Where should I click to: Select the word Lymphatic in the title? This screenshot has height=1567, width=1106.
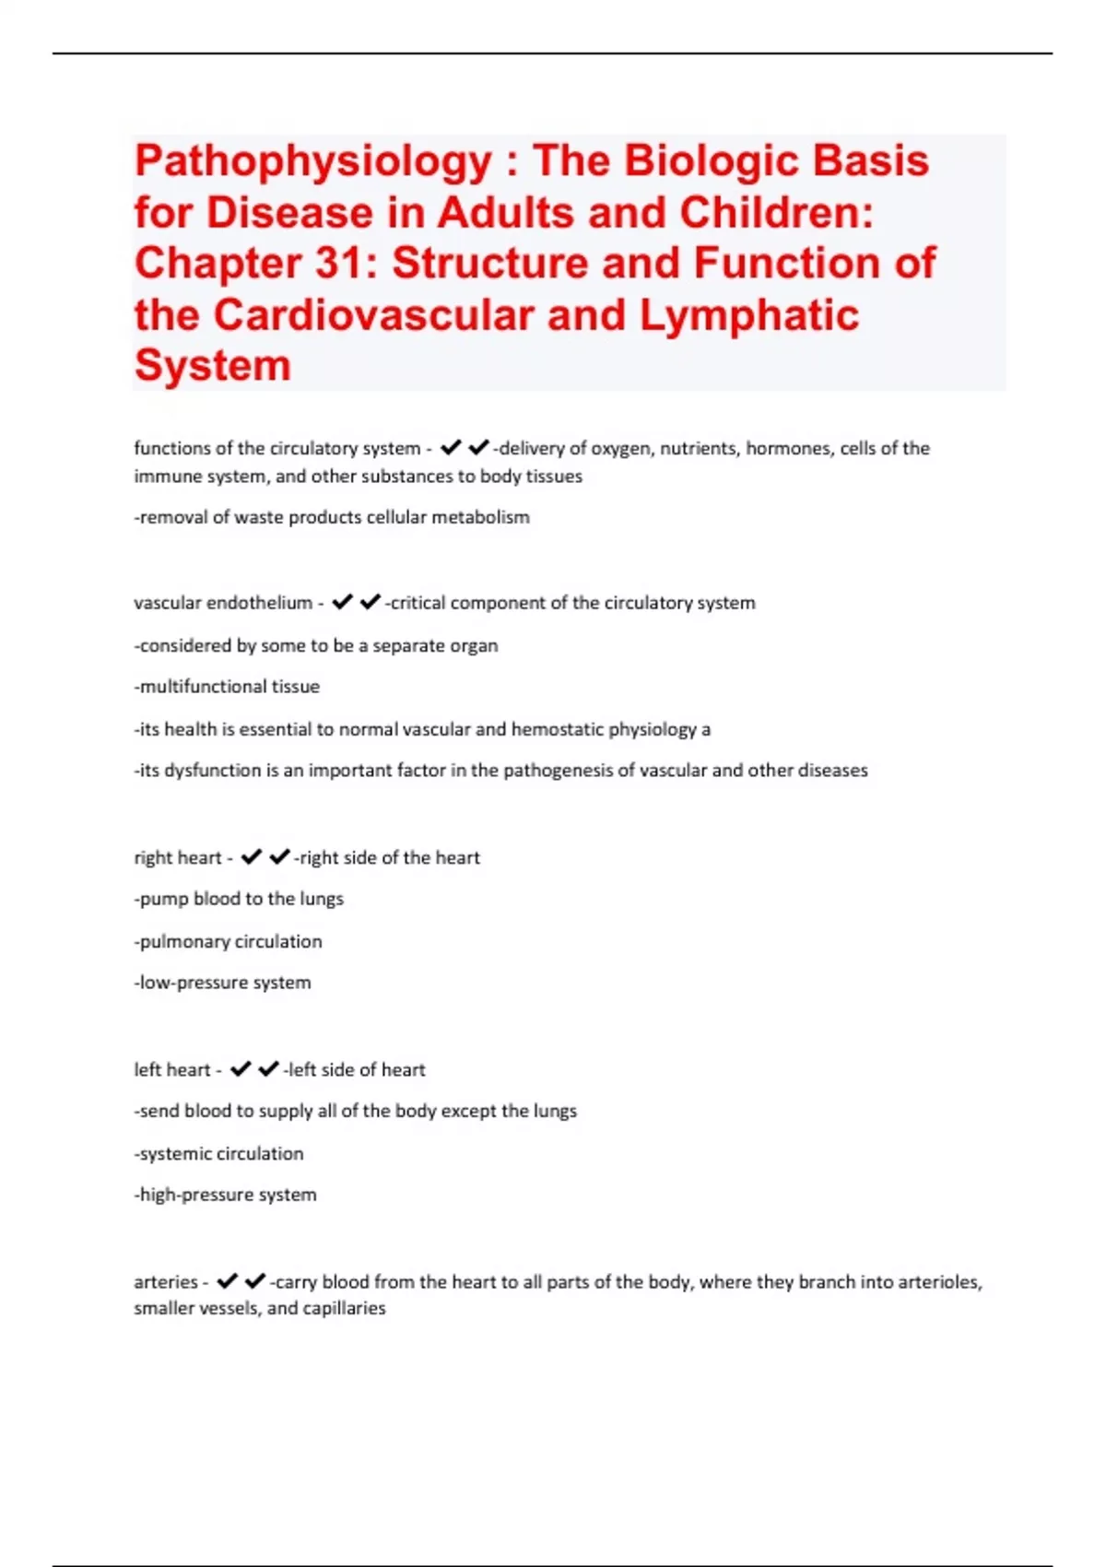749,315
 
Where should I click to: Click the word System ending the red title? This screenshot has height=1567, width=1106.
213,365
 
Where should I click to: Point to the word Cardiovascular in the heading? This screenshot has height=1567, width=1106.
374,315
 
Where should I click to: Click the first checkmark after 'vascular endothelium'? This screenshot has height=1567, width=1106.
342,602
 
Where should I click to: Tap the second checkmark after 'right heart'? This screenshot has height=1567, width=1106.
279,857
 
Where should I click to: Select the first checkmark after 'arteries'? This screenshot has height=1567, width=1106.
228,1281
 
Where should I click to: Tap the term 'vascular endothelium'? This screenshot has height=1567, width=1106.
223,603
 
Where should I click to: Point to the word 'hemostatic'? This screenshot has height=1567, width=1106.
557,729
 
